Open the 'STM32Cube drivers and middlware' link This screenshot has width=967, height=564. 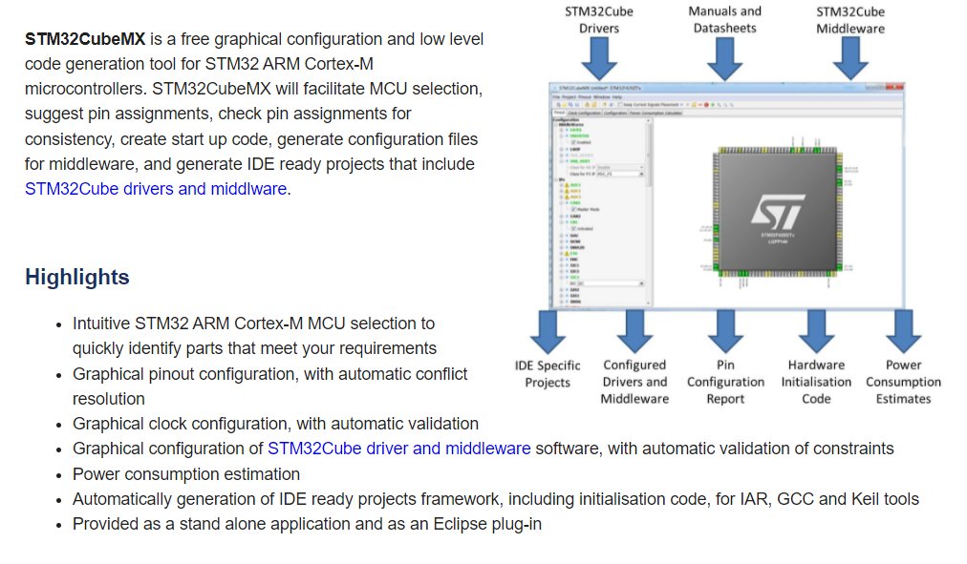tap(156, 189)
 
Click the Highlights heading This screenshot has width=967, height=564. tap(76, 278)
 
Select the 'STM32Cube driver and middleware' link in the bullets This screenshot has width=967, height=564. tap(398, 449)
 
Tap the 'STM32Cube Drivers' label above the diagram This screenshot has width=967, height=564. tap(599, 20)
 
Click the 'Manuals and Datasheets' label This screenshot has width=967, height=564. tap(725, 19)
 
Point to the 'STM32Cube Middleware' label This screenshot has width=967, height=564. tap(849, 20)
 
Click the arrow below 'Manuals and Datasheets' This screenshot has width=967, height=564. tap(725, 59)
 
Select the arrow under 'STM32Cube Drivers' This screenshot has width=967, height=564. tap(599, 59)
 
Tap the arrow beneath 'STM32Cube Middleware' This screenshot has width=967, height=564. tap(849, 59)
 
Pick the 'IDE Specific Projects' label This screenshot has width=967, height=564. tap(548, 374)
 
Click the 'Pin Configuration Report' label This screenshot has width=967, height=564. tap(725, 382)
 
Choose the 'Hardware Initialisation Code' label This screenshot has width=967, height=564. tap(816, 382)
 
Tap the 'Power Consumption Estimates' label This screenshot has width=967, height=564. tap(903, 382)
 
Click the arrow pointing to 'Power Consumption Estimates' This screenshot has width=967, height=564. tap(903, 331)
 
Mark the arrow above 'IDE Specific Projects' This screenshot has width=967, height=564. tap(548, 331)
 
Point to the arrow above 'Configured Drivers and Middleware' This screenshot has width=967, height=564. tap(634, 331)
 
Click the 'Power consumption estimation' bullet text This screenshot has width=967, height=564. tap(186, 474)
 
